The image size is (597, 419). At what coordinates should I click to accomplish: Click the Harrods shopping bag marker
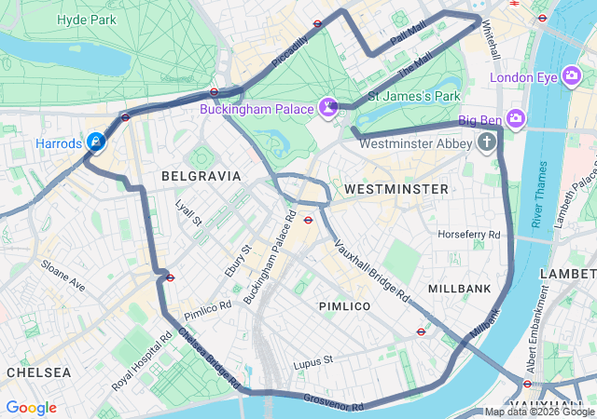(x=96, y=142)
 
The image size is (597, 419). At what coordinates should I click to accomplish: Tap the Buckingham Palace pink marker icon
(x=328, y=109)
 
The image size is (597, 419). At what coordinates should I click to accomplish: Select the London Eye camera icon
(x=572, y=77)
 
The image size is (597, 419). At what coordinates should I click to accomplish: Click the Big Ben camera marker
(x=516, y=119)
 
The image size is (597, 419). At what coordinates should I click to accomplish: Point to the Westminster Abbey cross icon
(x=486, y=142)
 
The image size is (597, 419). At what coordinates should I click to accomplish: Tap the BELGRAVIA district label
(x=201, y=175)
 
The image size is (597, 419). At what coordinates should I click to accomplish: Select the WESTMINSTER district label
(x=396, y=189)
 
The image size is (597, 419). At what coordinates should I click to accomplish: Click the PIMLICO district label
(x=344, y=306)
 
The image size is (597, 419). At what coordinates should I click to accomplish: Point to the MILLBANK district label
(x=459, y=289)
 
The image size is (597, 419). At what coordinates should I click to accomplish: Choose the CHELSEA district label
(x=38, y=372)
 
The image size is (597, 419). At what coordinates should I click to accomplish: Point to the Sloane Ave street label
(x=62, y=277)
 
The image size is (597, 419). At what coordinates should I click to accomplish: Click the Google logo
(x=31, y=408)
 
